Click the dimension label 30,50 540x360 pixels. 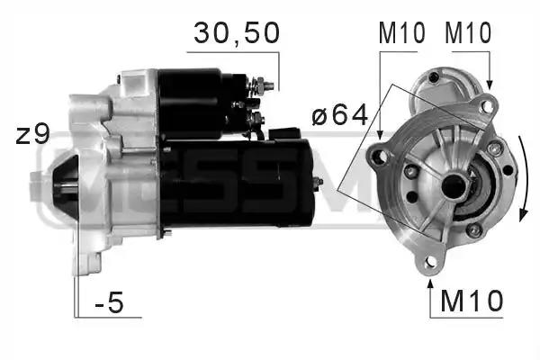coord(237,33)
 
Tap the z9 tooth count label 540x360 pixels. coord(32,135)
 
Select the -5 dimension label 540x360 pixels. coord(109,301)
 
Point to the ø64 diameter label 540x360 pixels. coord(340,115)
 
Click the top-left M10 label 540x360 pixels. coord(402,32)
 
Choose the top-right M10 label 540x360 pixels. coord(468,32)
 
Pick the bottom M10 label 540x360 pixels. coord(472,301)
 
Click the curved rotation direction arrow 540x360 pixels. coord(524,179)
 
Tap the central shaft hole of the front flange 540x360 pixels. coord(453,186)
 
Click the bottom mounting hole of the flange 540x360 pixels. coord(429,262)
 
